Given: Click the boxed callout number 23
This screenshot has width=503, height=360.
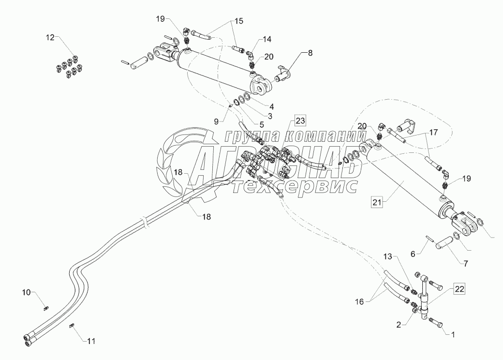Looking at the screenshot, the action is pos(300,121).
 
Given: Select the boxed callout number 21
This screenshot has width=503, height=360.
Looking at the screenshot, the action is pos(377,202).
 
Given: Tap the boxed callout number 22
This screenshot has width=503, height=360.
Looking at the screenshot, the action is pos(459,289).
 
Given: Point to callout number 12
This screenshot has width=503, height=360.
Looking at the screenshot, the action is pos(50,38).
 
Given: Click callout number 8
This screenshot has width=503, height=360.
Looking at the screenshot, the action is pos(310,53).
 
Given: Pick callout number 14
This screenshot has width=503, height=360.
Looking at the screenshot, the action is pos(267,39).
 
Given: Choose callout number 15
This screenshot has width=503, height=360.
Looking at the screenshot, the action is pos(238,21).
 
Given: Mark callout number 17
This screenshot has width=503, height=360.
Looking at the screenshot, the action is pos(433,132).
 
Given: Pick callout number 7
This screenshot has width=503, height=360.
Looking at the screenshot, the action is pos(465,263).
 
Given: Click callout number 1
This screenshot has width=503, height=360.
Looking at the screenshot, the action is pos(453,335).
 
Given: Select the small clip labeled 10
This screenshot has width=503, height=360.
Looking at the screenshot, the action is pos(45,308).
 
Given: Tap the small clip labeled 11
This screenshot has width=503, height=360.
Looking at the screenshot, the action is pos(72,326).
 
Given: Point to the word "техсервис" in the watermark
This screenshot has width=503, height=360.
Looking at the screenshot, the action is pos(294,186).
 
